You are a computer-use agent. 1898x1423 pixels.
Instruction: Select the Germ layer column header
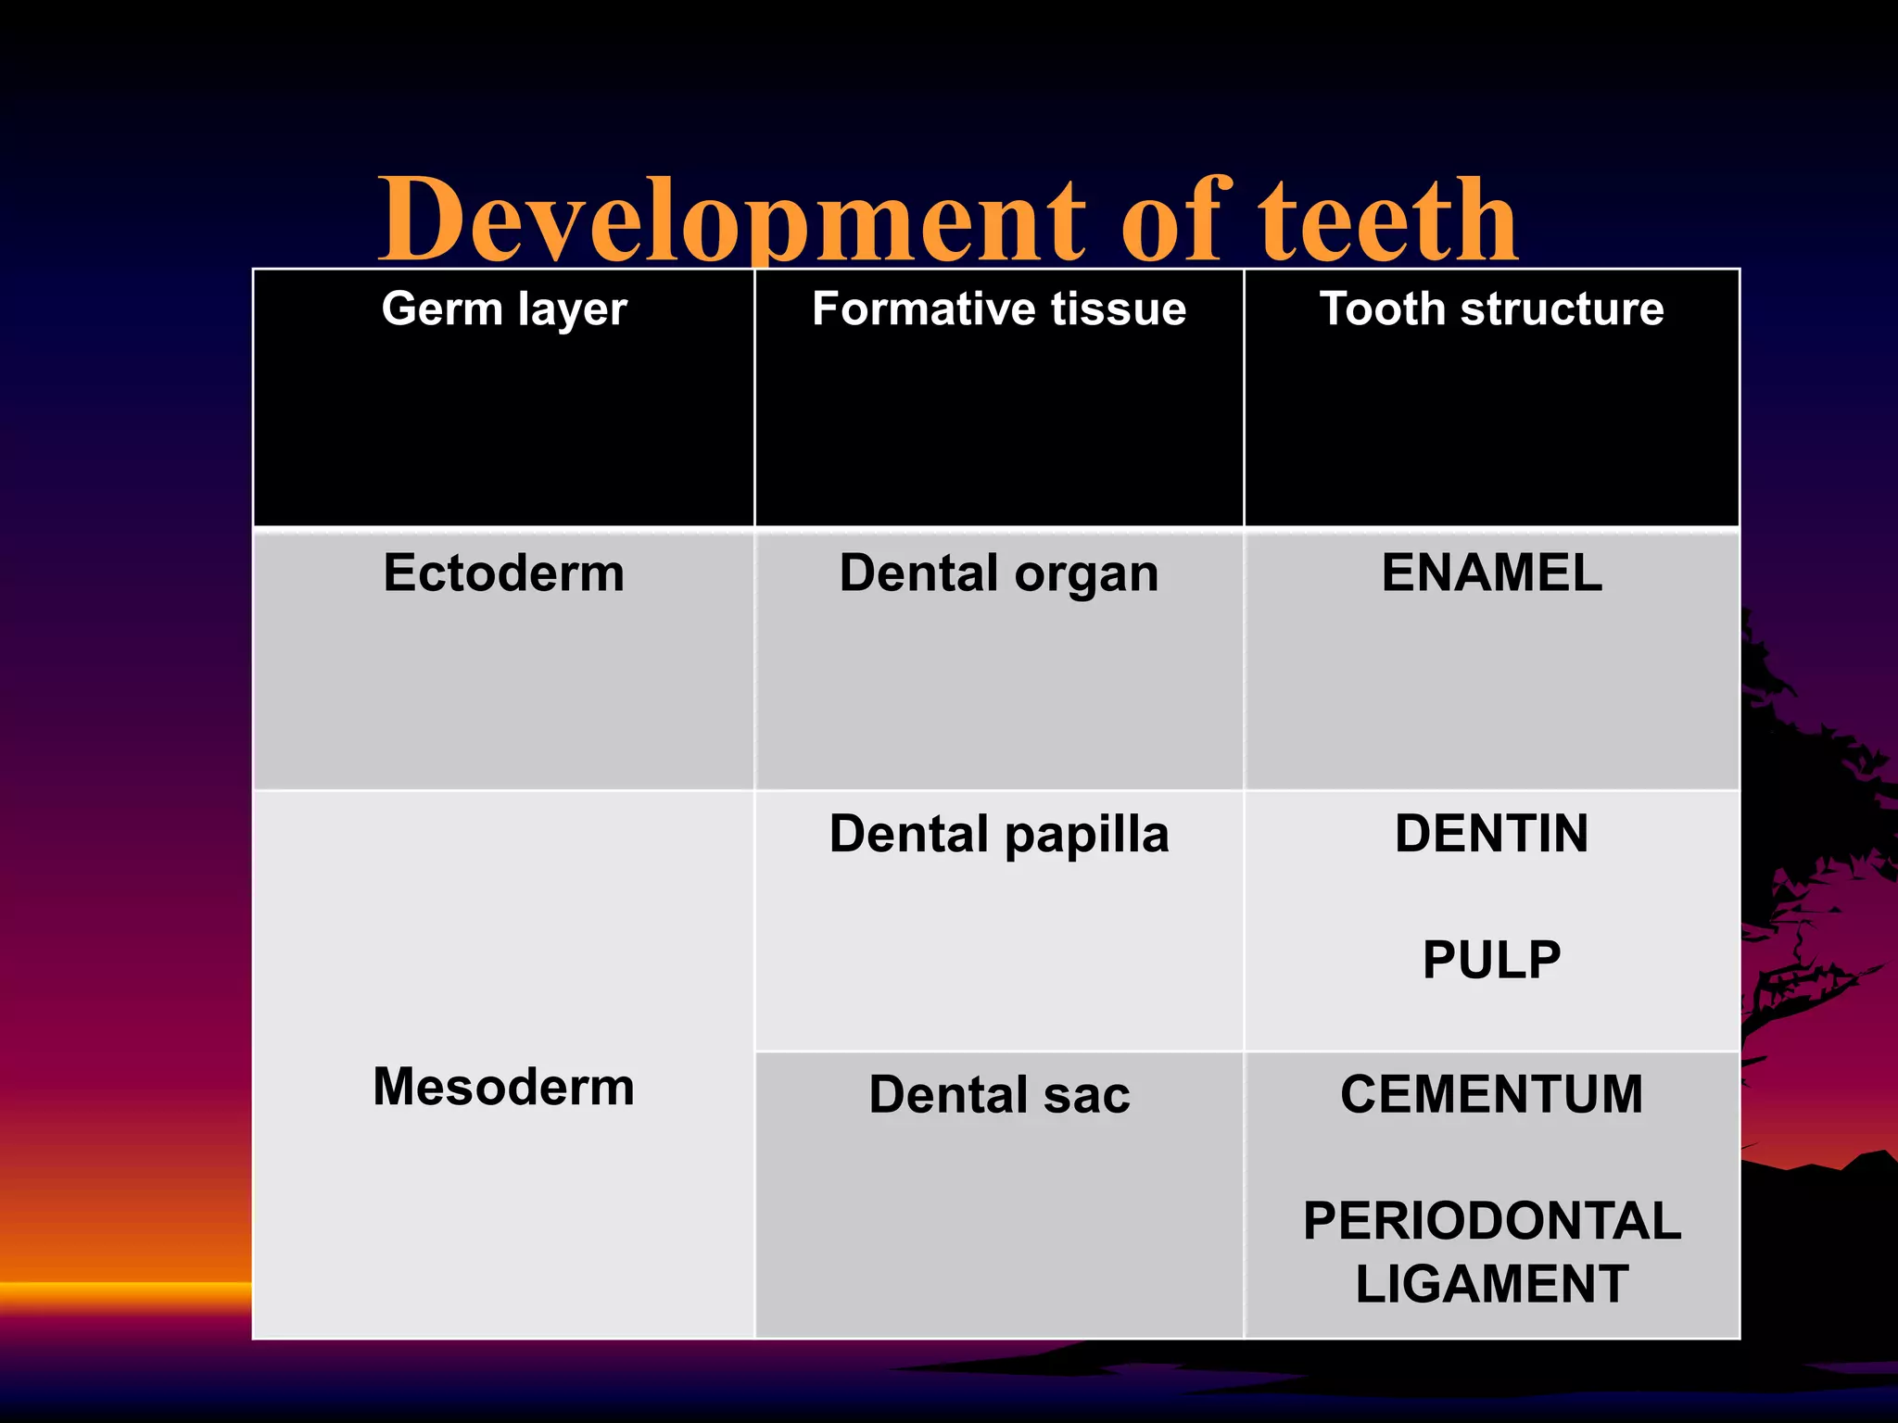coord(504,309)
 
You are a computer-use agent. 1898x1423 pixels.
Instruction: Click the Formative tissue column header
coord(999,309)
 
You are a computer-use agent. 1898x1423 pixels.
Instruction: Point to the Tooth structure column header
coord(1491,309)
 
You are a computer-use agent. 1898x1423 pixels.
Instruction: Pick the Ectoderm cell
coord(504,573)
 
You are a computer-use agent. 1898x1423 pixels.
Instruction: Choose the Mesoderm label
coord(504,1087)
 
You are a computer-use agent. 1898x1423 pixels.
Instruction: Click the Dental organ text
coord(999,573)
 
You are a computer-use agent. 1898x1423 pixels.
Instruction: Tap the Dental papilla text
coord(999,834)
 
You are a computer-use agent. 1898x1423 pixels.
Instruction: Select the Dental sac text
coord(999,1095)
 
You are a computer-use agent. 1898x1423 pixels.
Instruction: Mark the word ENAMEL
coord(1491,573)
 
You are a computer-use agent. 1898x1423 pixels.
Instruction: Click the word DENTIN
coord(1491,834)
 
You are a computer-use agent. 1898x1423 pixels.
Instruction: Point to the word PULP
coord(1491,960)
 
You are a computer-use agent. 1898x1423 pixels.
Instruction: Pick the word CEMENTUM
coord(1491,1095)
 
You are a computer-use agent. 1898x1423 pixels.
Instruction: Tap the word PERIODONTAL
coord(1491,1221)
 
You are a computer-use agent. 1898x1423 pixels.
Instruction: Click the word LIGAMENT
coord(1491,1284)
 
